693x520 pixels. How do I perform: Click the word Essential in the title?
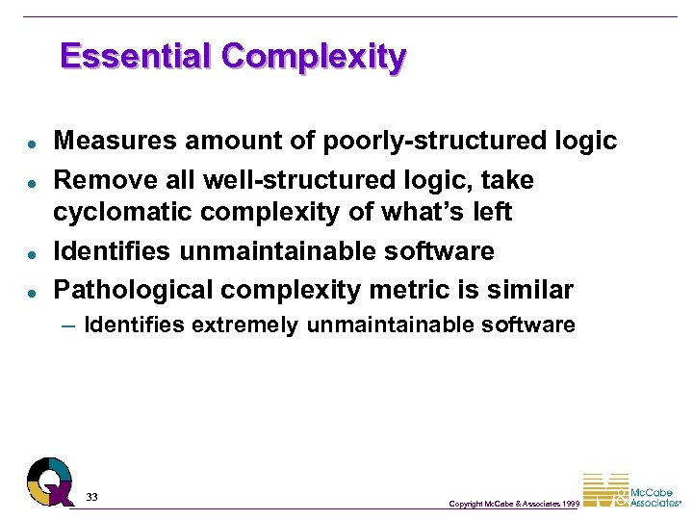pyautogui.click(x=136, y=56)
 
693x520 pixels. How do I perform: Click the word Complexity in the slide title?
pyautogui.click(x=313, y=57)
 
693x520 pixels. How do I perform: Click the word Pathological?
pyautogui.click(x=135, y=290)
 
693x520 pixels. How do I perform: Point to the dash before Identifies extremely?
pyautogui.click(x=66, y=325)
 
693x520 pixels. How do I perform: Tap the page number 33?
pyautogui.click(x=91, y=496)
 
